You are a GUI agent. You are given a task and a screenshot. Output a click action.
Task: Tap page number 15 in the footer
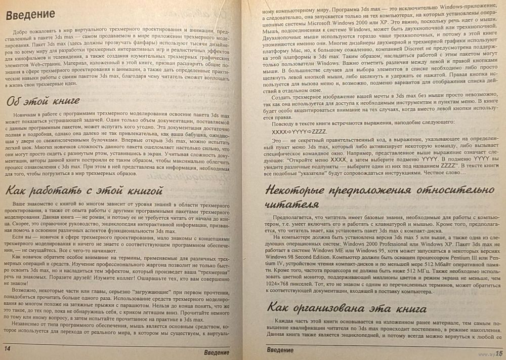click(498, 352)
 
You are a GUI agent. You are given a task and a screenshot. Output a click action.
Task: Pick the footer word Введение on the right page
click(280, 349)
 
